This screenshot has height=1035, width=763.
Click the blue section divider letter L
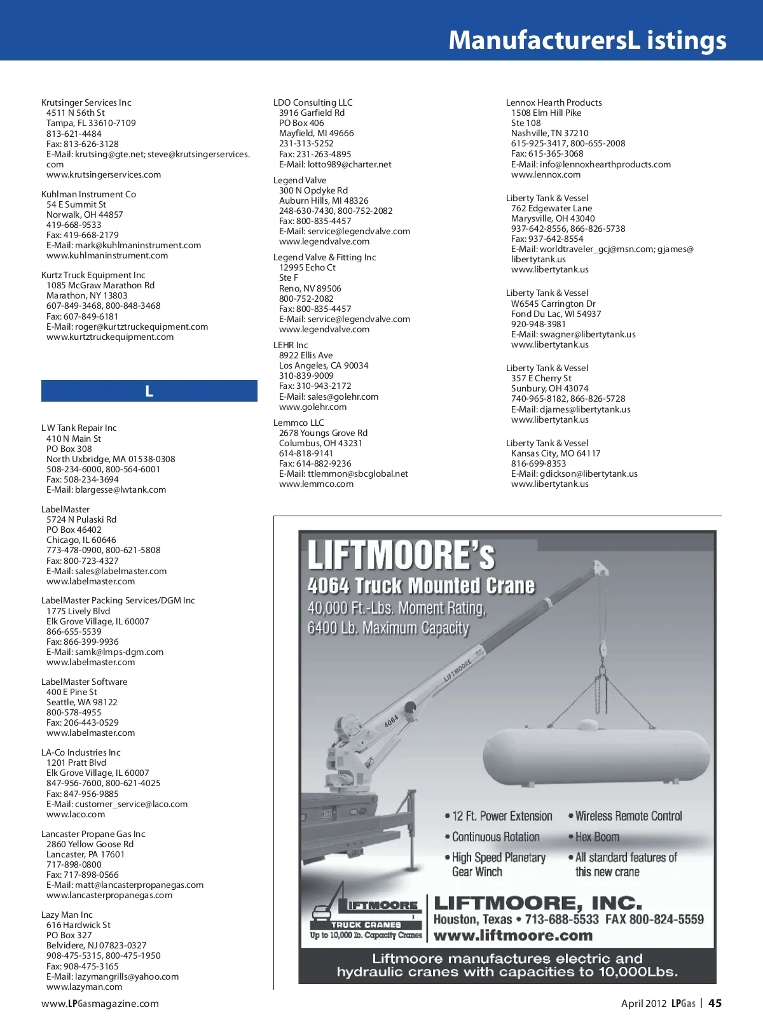(149, 391)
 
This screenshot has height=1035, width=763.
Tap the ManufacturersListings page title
(587, 40)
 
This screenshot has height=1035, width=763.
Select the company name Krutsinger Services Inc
(86, 102)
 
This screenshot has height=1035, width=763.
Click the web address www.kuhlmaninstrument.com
(107, 255)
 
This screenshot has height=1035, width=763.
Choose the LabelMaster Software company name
(84, 682)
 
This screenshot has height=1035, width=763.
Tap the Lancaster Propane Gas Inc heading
(93, 834)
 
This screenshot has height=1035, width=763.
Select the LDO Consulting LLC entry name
(312, 102)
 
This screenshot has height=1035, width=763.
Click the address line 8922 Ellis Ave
(306, 355)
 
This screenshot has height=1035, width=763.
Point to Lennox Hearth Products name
(553, 102)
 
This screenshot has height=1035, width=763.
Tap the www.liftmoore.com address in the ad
(512, 936)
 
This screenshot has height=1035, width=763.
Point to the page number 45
(715, 1003)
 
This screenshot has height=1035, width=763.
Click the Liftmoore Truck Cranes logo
(366, 912)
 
